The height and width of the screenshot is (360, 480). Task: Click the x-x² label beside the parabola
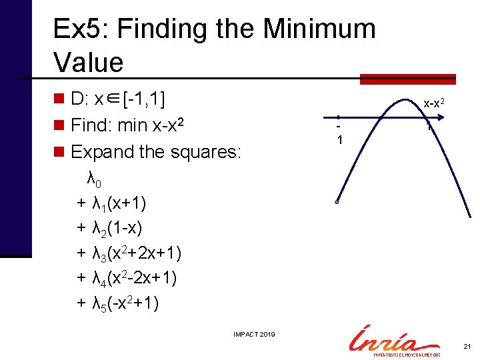click(x=436, y=103)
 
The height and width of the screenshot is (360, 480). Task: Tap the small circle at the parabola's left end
click(x=338, y=203)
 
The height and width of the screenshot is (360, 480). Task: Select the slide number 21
click(x=466, y=346)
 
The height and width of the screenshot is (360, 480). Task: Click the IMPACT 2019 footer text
click(x=253, y=334)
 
